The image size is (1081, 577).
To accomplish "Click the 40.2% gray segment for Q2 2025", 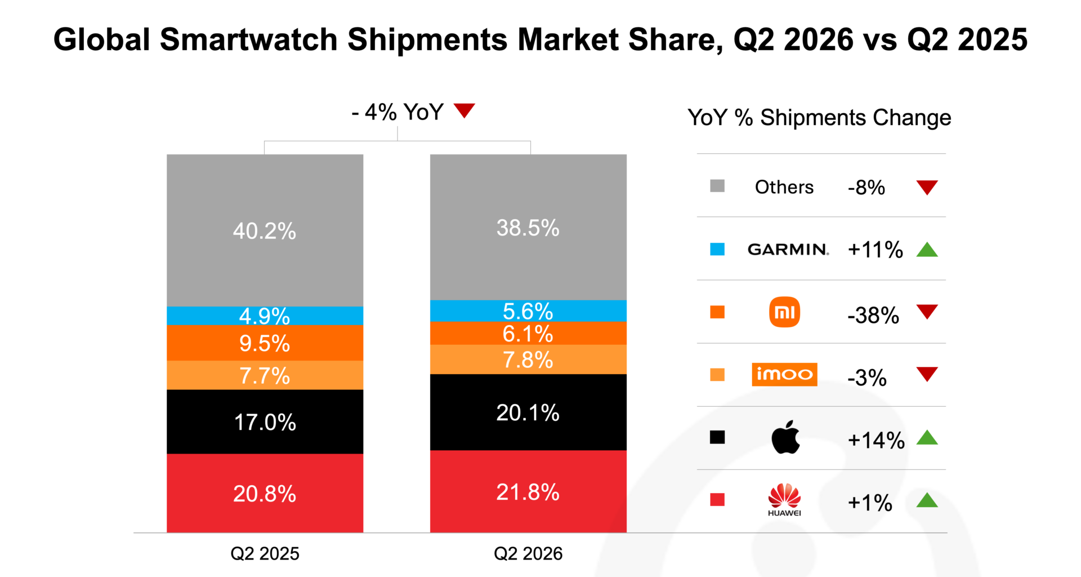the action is click(265, 230).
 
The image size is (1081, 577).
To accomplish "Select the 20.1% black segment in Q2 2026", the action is click(528, 412).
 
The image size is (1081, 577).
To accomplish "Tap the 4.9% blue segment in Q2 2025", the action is click(265, 316).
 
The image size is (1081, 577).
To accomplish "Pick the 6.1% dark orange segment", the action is click(528, 333).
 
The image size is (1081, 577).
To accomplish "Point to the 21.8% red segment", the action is click(528, 491).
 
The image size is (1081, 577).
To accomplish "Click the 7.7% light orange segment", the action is click(265, 375).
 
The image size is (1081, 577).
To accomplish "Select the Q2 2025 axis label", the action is click(265, 553).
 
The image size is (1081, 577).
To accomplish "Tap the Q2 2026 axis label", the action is click(528, 553).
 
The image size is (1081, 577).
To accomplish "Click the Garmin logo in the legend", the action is click(788, 249).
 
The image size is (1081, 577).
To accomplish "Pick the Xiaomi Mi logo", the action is click(784, 312).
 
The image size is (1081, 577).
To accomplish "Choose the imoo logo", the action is click(784, 375).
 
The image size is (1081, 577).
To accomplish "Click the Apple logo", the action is click(785, 437).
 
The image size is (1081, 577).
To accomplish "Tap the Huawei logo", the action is click(784, 500).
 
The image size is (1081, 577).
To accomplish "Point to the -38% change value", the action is click(873, 316).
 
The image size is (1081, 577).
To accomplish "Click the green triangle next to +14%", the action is click(927, 437).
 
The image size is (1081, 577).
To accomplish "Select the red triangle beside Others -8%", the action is click(927, 187).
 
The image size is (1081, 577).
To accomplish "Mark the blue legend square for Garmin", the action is click(717, 249).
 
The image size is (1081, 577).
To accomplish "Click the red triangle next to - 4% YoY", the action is click(464, 110).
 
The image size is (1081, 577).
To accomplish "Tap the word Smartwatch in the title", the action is click(249, 39).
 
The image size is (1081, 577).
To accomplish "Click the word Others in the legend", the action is click(784, 187).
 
